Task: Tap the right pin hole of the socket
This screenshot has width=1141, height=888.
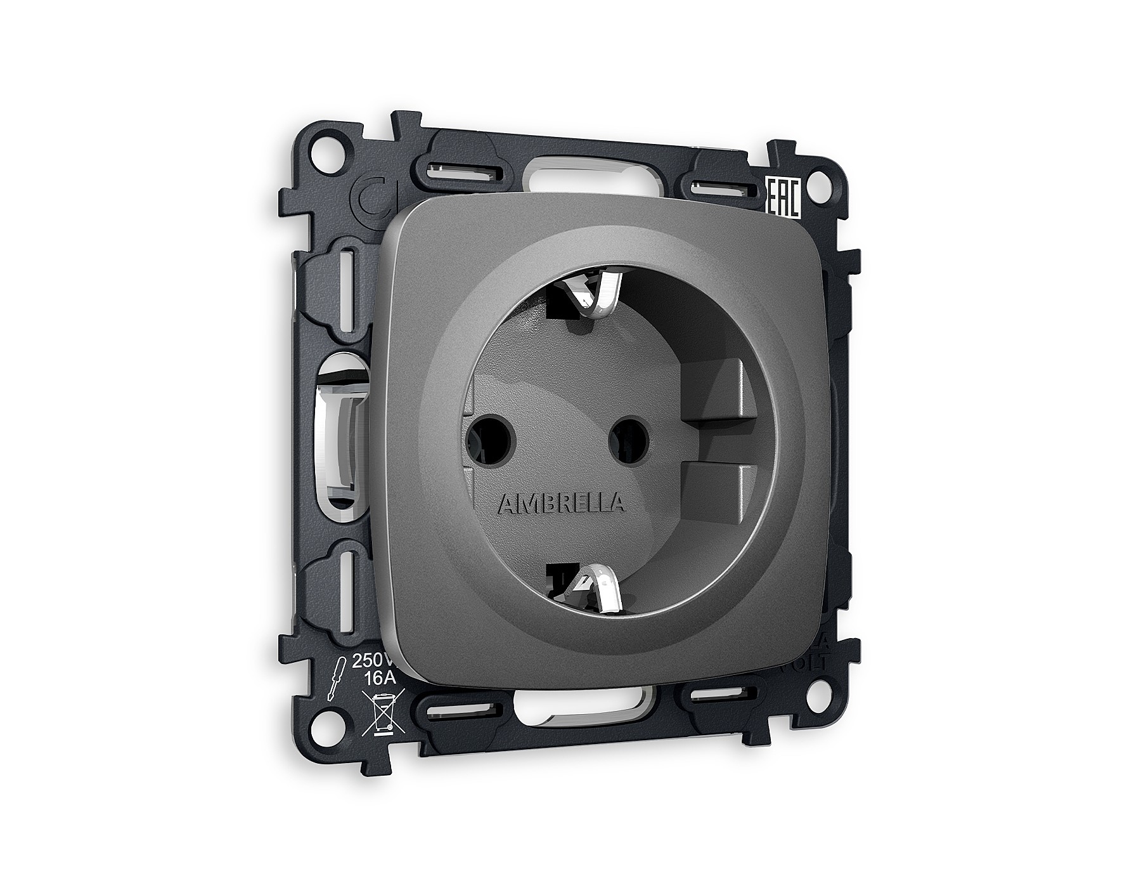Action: tap(628, 437)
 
